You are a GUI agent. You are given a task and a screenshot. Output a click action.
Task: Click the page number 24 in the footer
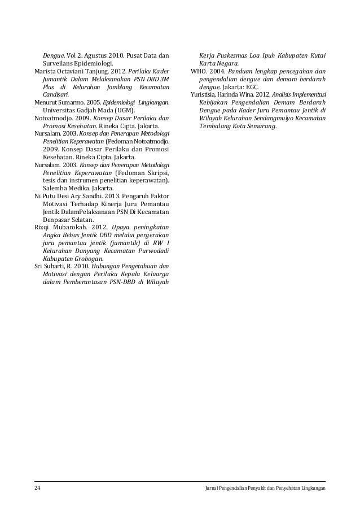click(x=37, y=487)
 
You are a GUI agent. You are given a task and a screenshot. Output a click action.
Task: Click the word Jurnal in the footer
click(x=215, y=487)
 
